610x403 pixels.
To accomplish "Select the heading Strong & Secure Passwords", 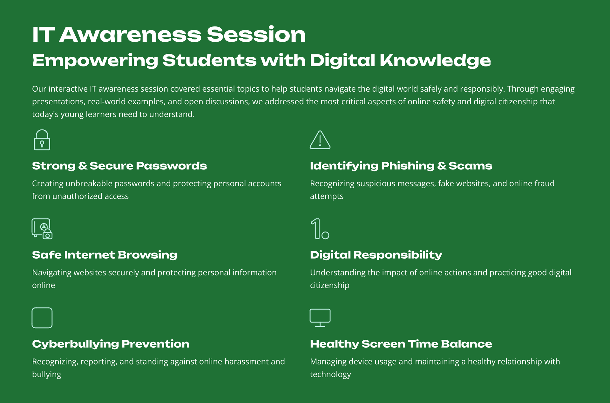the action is point(119,166).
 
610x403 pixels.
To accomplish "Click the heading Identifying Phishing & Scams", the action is point(401,166).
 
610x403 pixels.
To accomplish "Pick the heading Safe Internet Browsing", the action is point(105,255).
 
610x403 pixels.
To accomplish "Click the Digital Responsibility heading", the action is point(376,255).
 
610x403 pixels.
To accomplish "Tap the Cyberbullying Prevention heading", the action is point(111,344).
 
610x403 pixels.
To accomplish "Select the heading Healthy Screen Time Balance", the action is point(401,344).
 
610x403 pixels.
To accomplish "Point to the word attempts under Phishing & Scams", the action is point(327,197).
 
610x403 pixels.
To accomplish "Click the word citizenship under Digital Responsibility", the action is point(329,285).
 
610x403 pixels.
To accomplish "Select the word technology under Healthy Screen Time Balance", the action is point(330,374).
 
